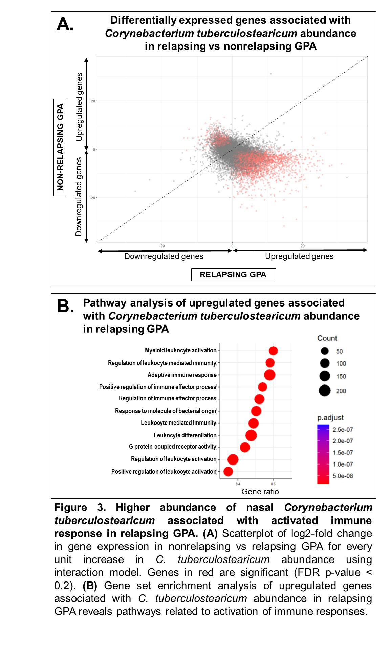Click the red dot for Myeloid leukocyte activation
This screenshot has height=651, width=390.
coord(273,351)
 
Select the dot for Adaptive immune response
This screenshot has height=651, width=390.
coord(269,375)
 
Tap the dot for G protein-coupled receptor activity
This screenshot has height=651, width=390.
coord(245,447)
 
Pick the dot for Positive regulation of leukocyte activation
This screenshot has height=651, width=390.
coord(228,471)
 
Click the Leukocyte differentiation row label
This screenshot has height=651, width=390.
coord(185,435)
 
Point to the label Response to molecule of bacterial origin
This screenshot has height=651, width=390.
coord(166,411)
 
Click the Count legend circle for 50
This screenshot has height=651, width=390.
coord(325,351)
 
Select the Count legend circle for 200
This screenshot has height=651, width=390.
coord(325,391)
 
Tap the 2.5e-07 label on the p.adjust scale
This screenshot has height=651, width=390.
coord(343,430)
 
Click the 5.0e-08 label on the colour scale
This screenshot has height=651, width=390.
coord(343,476)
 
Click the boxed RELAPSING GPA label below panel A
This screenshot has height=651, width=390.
coord(233,275)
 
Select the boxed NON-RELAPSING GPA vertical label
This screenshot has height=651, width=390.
coord(60,147)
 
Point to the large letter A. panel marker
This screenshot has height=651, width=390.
coord(65,24)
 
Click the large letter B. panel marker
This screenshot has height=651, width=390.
coord(65,306)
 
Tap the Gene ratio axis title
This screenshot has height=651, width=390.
coord(260,492)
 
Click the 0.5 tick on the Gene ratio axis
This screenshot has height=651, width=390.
coord(273,484)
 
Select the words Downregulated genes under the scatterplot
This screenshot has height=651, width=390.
coord(164,256)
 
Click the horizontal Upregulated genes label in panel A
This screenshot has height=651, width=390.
coord(299,256)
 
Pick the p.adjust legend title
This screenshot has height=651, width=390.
coord(330,418)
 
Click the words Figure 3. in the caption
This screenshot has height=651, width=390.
coord(80,507)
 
